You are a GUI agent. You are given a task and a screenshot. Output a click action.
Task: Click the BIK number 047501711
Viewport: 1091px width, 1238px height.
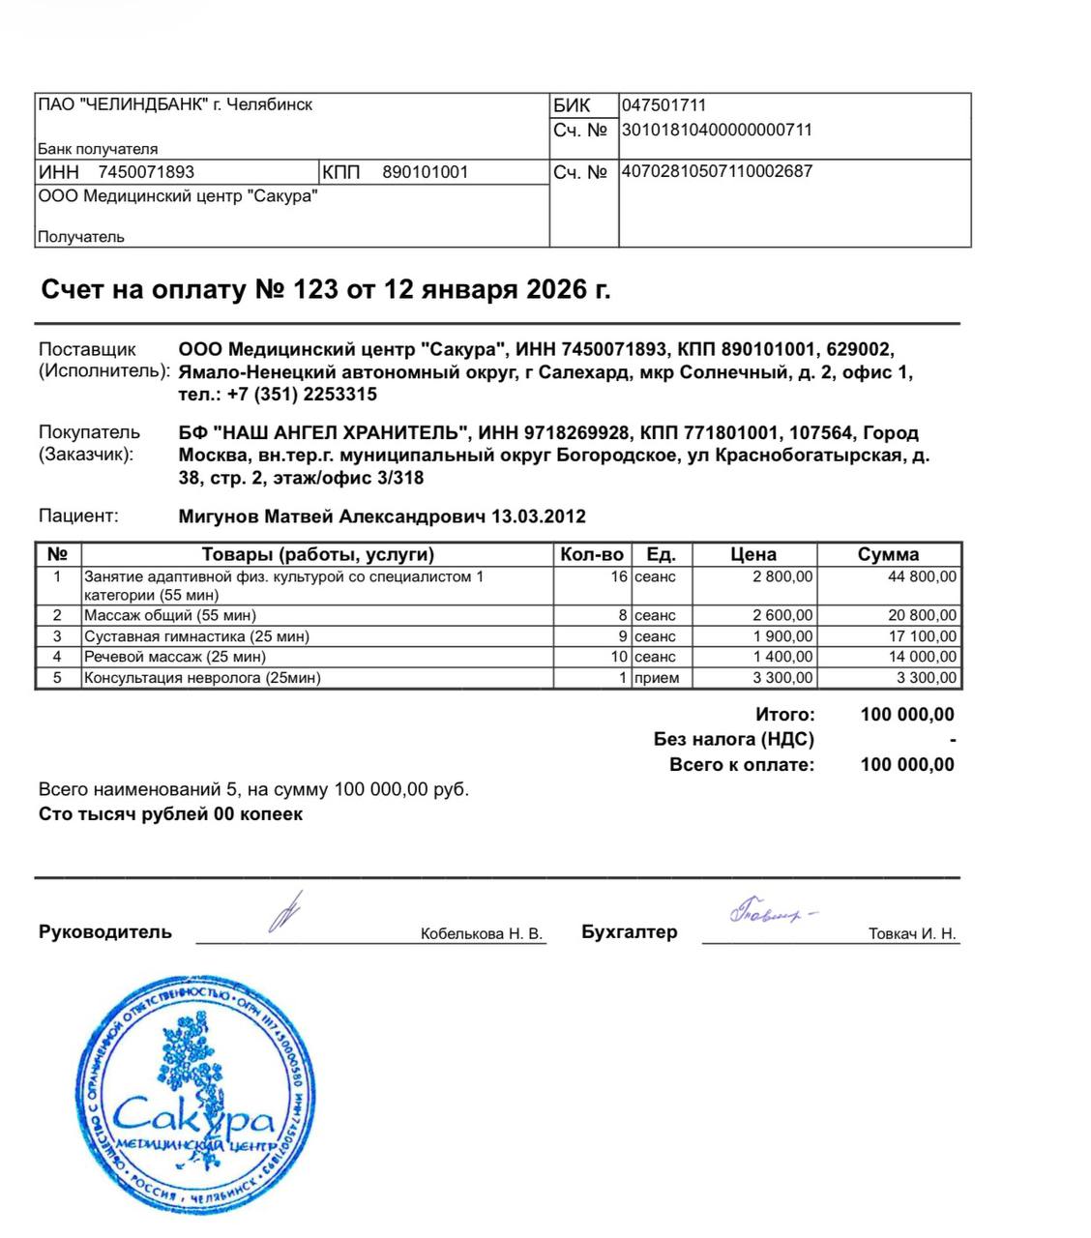click(663, 105)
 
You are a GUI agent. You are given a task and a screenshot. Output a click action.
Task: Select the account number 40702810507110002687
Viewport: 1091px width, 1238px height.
click(717, 171)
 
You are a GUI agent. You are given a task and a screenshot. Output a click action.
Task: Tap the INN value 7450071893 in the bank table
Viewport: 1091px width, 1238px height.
click(146, 172)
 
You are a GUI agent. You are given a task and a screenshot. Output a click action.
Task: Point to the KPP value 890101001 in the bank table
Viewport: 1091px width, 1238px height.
click(425, 172)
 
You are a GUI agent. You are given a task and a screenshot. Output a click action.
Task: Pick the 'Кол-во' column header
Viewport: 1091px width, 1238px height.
click(592, 554)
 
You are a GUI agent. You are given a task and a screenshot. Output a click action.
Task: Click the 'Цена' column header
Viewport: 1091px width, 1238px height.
click(752, 554)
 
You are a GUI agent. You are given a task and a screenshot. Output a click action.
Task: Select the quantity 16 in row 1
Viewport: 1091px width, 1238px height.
click(619, 576)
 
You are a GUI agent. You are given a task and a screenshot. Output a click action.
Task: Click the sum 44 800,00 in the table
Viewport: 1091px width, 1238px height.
click(922, 576)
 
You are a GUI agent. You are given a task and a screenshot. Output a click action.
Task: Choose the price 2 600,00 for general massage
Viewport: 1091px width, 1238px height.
click(782, 615)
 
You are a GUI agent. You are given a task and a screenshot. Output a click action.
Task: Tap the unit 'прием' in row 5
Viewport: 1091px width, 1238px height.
click(657, 678)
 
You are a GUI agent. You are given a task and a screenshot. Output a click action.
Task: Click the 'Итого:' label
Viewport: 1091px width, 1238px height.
click(784, 715)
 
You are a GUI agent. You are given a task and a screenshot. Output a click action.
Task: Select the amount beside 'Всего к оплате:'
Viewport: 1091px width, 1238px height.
click(906, 765)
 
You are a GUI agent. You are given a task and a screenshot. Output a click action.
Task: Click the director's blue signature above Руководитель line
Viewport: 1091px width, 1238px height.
click(285, 912)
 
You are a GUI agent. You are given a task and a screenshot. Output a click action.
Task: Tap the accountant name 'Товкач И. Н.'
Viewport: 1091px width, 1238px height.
click(912, 933)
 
